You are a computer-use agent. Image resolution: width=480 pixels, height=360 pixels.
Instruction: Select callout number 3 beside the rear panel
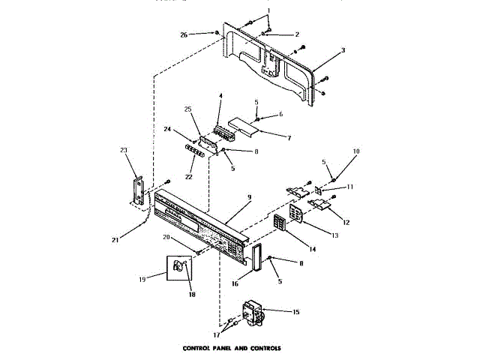pyautogui.click(x=342, y=50)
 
